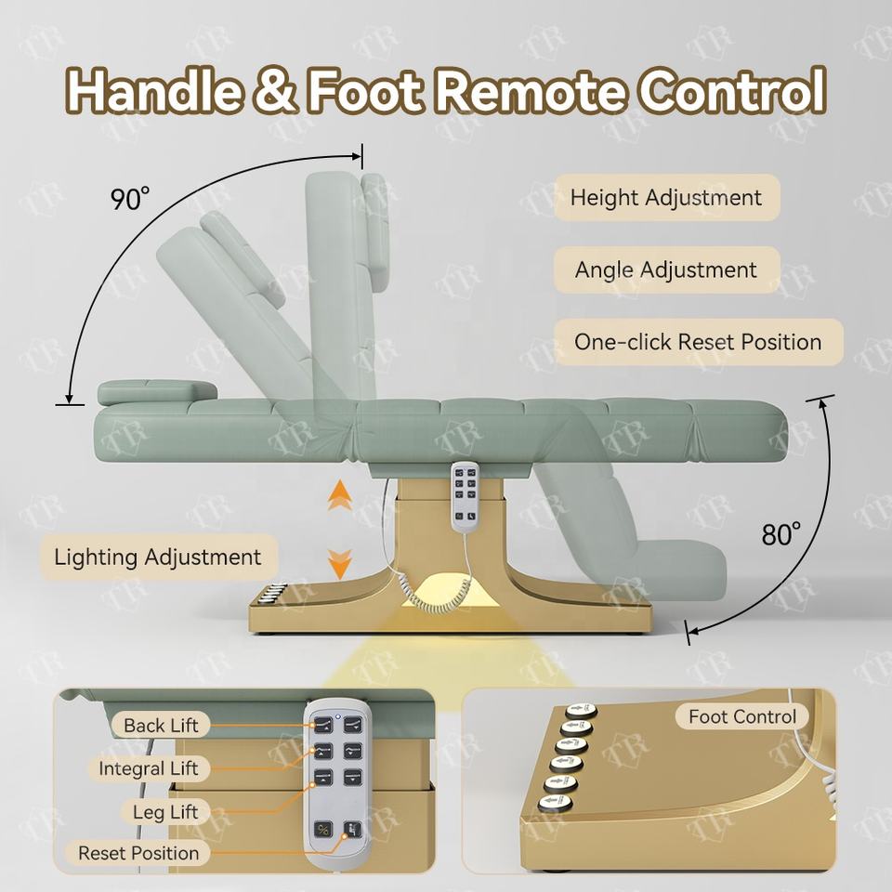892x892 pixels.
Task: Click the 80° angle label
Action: click(781, 534)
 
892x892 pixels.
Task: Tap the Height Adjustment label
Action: click(665, 198)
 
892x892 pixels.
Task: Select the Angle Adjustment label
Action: click(665, 270)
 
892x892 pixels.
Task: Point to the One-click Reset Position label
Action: click(697, 342)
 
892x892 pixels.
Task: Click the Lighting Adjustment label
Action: click(157, 557)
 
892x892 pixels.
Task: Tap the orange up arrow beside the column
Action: click(340, 495)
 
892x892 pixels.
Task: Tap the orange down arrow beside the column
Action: click(340, 562)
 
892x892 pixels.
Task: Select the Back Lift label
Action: click(161, 726)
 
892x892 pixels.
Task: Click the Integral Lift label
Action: click(149, 768)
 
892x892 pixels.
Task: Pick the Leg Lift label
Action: click(165, 812)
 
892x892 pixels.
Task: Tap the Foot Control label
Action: click(741, 716)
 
